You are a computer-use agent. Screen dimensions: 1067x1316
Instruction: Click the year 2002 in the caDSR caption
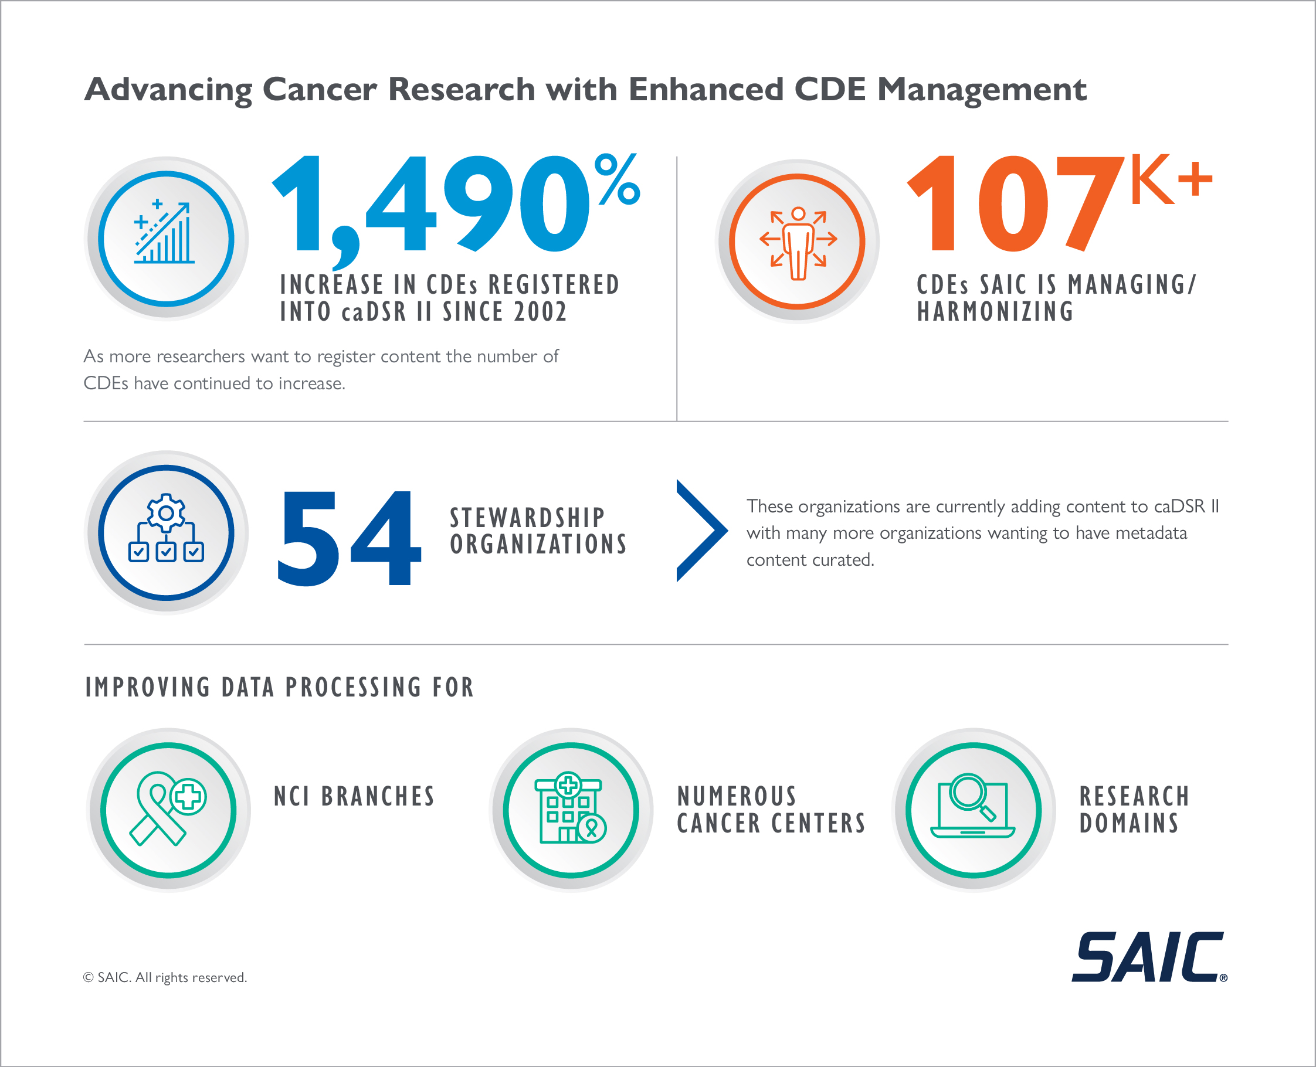click(540, 312)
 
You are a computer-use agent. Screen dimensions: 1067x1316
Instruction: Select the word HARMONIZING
click(995, 312)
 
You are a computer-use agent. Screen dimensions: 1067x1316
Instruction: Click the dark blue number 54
click(348, 538)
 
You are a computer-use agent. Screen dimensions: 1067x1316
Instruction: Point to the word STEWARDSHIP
click(527, 518)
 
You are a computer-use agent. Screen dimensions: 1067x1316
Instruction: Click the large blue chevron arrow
click(702, 531)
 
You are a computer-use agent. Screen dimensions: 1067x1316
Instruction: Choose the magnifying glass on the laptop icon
click(969, 793)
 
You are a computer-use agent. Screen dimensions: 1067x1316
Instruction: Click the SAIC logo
click(1148, 957)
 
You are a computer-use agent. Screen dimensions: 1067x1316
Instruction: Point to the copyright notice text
click(165, 977)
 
